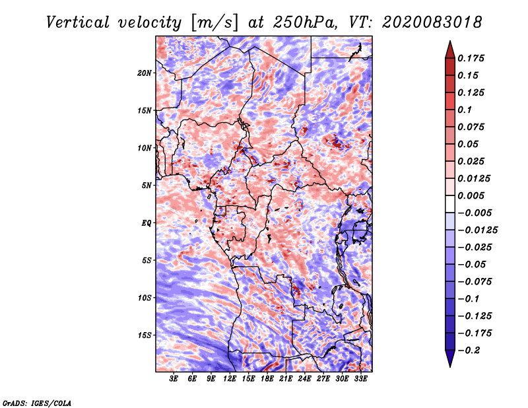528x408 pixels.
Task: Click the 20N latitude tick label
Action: [145, 73]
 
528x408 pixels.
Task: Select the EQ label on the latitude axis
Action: [147, 222]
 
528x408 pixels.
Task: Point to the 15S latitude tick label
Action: [145, 335]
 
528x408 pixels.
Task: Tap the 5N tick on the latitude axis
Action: [147, 185]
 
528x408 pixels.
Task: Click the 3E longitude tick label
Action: [174, 379]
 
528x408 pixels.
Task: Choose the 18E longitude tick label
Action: [267, 379]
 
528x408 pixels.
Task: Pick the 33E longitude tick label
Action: [361, 379]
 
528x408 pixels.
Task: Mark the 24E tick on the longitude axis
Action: [305, 379]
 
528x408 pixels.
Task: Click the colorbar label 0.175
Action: [472, 58]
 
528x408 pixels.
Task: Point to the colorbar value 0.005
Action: [472, 195]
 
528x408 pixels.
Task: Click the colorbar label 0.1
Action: [465, 110]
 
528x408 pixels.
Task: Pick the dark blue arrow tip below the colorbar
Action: [449, 360]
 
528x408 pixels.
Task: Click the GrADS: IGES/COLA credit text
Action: [36, 402]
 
